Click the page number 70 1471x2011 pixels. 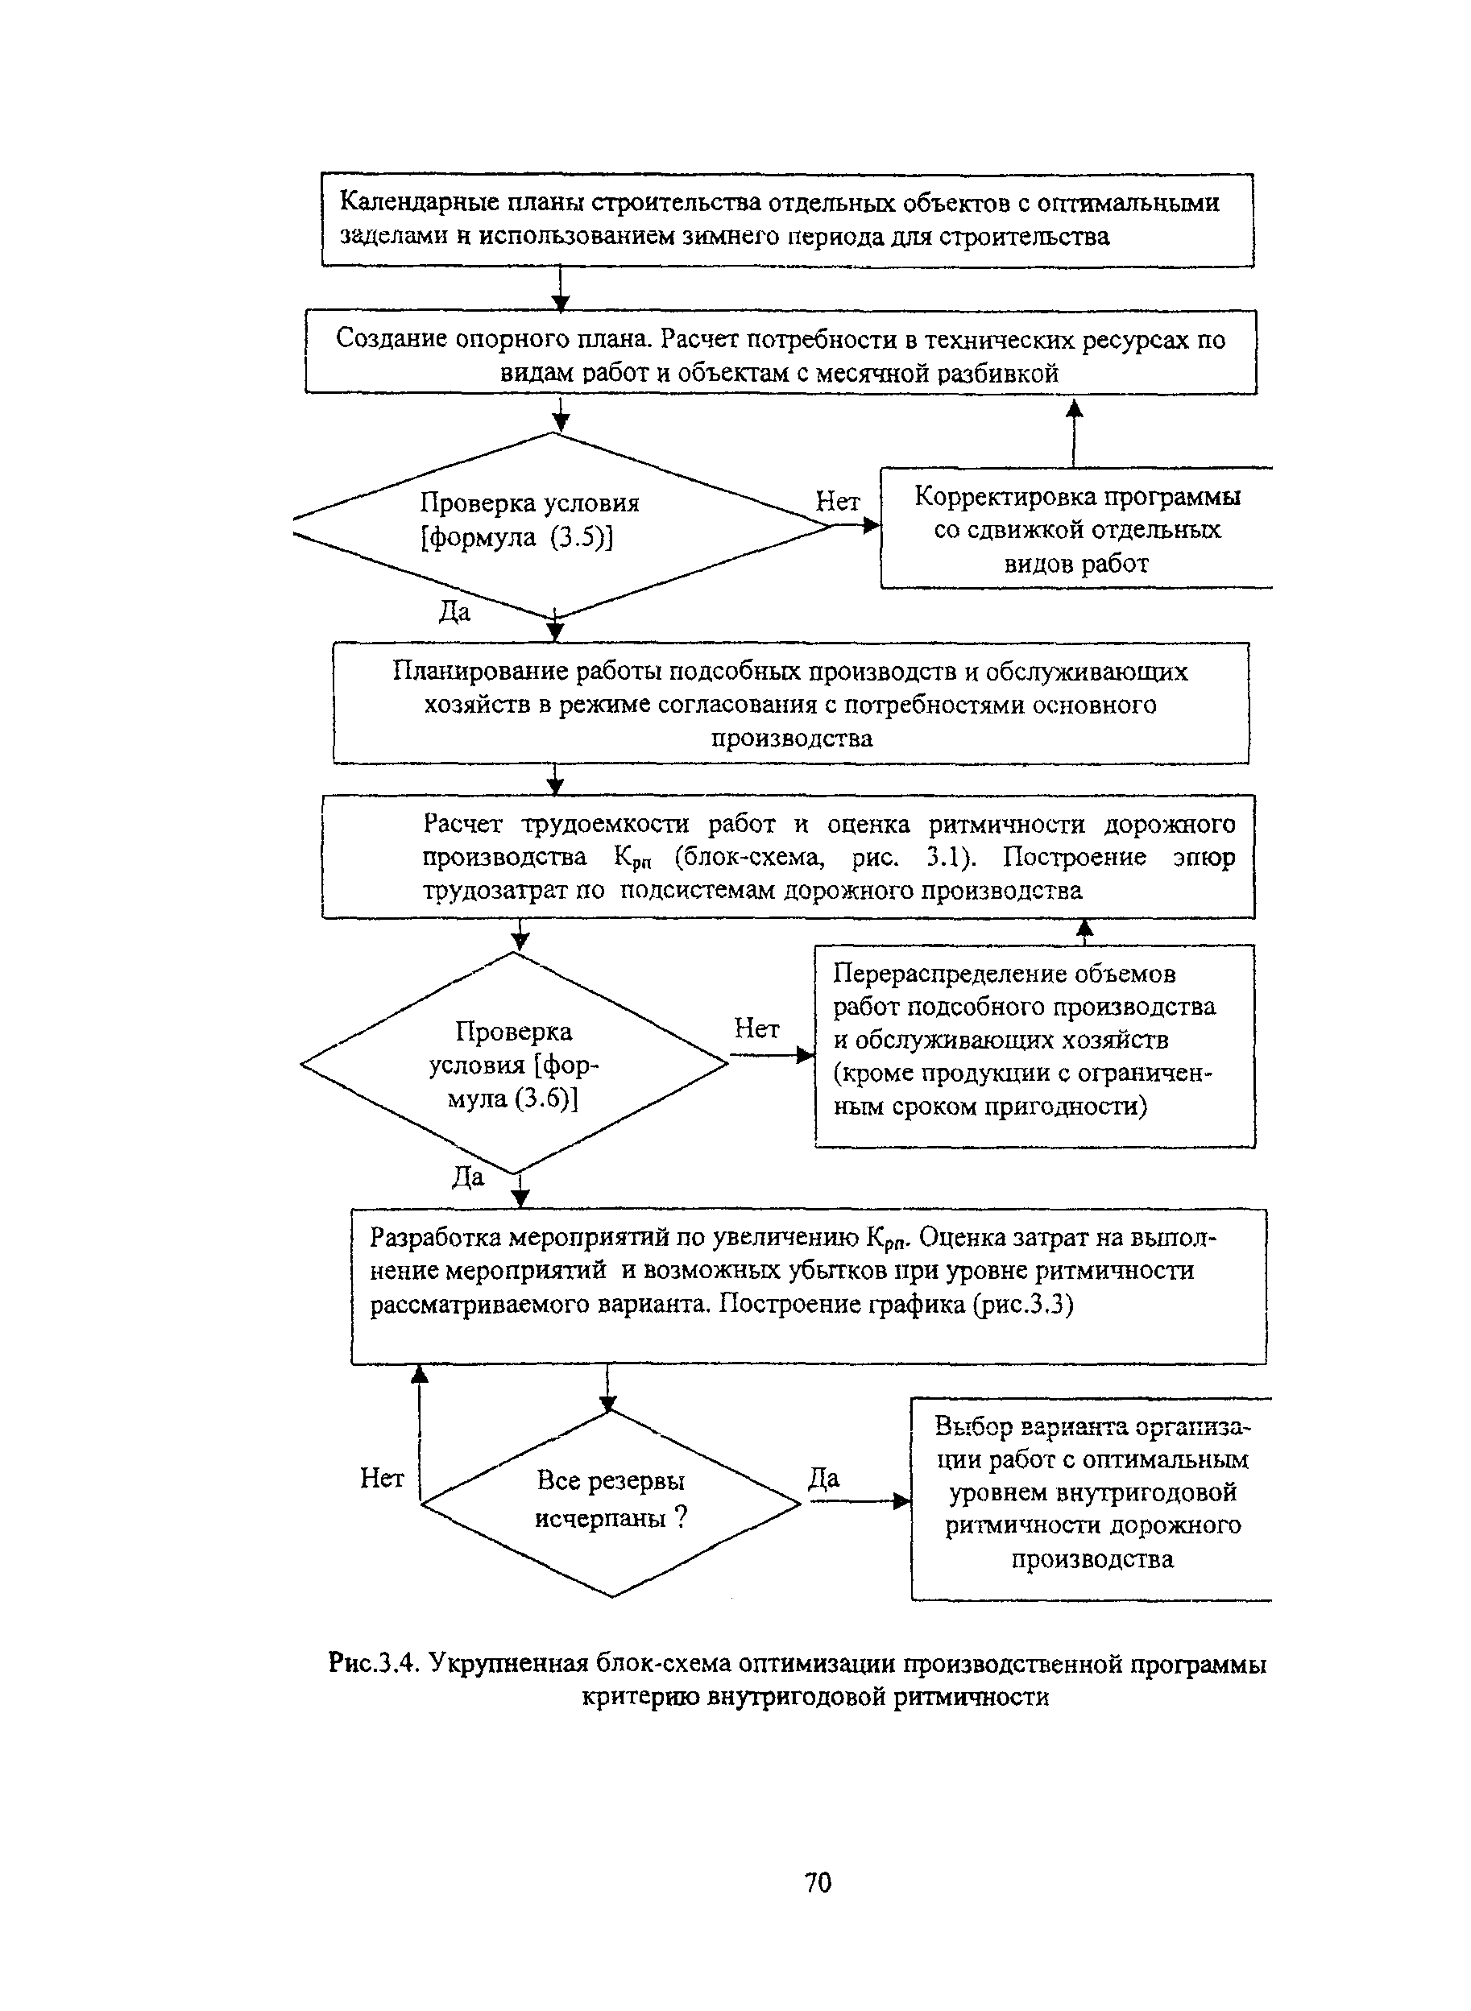coord(818,1883)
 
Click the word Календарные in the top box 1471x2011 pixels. coord(416,204)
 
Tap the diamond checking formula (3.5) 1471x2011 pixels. coord(561,525)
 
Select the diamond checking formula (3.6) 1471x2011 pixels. coord(515,1063)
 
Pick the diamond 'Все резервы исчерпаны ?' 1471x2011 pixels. coord(611,1504)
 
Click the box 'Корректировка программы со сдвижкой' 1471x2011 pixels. coord(1077,528)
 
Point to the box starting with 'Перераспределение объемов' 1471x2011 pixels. coord(1034,1046)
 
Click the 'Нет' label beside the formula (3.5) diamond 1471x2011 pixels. coord(838,502)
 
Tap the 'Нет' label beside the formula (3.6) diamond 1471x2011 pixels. coord(757,1029)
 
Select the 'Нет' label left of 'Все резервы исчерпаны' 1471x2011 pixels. coord(382,1479)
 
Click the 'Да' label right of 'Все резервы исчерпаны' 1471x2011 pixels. coord(823,1479)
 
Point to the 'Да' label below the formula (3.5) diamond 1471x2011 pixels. coord(454,611)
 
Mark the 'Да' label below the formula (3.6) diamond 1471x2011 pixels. coord(468,1177)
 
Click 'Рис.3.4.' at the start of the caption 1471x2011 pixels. coord(374,1662)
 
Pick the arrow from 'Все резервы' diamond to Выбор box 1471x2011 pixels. coord(860,1502)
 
